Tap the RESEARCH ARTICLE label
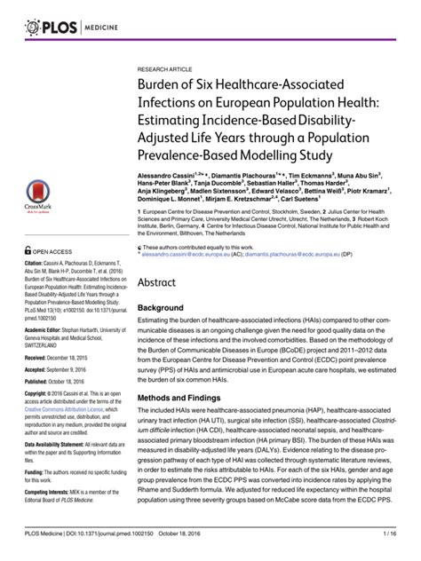pyautogui.click(x=165, y=67)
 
